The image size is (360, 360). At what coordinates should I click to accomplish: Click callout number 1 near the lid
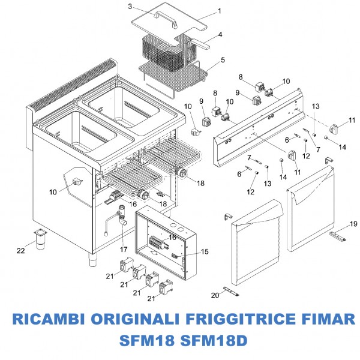pos(219,11)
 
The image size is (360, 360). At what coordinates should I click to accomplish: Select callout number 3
pos(130,7)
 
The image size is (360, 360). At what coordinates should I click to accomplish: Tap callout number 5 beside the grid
pos(223,60)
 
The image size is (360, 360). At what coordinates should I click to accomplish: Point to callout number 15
pos(205,251)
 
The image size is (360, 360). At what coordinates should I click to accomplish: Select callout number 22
pos(21,250)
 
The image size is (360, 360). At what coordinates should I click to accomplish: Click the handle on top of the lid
pos(166,20)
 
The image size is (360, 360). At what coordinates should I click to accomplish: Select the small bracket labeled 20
pos(230,291)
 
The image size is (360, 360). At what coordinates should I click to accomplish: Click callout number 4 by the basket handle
pos(220,35)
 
